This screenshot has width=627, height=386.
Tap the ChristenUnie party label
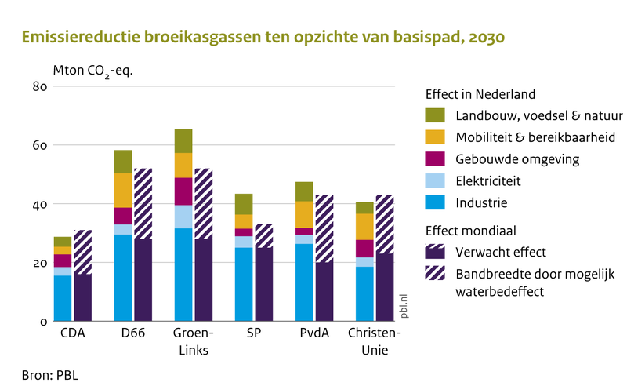coord(373,342)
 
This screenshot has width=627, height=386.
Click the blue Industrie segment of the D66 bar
coord(123,278)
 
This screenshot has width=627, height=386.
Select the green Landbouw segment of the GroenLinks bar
coord(183,141)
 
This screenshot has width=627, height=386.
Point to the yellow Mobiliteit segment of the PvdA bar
coord(304,214)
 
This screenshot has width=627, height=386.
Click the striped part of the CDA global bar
coord(82,252)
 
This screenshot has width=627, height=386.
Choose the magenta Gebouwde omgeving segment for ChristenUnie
coord(364,248)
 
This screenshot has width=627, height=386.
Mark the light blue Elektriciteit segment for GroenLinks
coord(183,217)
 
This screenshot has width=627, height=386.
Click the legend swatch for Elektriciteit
coord(434,181)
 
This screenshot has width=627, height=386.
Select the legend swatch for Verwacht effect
coord(434,253)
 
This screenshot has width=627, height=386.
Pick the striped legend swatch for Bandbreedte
coord(434,274)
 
